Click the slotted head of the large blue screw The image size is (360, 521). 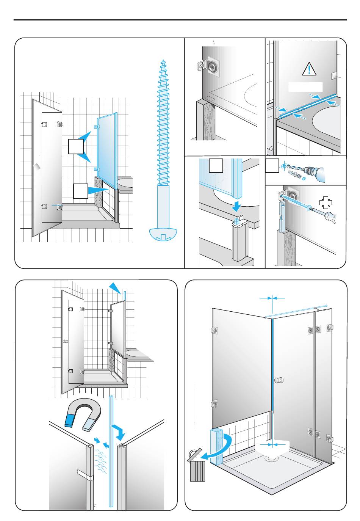point(163,234)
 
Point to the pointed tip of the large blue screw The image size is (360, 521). point(163,60)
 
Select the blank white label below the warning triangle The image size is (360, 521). point(305,87)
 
